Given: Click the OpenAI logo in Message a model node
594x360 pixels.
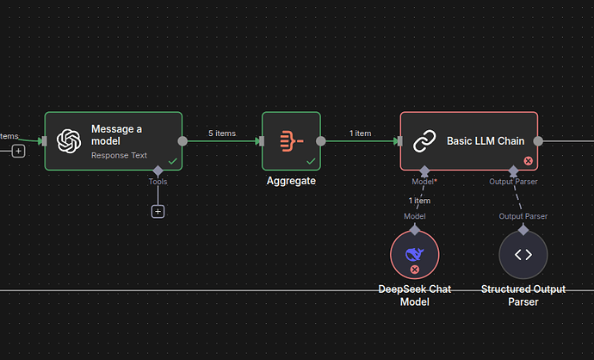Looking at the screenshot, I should coord(68,141).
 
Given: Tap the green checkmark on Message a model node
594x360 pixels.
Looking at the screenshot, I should coord(173,161).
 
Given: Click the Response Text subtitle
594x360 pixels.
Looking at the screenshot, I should coord(119,156).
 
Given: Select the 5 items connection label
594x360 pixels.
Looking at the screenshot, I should coord(222,133).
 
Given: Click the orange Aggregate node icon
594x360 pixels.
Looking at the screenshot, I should coord(291,140).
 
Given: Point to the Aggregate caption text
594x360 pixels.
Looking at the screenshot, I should coord(291,181).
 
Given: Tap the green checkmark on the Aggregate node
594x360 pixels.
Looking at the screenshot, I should coord(311,161).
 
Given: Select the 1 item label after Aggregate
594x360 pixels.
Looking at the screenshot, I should coord(360,133).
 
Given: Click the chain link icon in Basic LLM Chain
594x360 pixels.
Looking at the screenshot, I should coord(424,141).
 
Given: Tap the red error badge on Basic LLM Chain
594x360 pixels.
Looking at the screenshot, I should coord(528,161).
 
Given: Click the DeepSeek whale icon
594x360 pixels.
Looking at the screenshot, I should coord(414,253).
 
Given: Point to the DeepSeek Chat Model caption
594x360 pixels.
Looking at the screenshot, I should coord(414,295).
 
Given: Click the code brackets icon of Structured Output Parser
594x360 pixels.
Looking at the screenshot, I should coord(523,254).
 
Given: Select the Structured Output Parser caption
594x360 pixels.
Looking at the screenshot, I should coord(523,295).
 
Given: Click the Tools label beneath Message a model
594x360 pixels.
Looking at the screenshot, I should coord(158,182).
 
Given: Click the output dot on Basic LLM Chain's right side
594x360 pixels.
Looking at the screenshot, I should coord(539,141).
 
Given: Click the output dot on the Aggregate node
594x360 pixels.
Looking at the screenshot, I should coord(320,141).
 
